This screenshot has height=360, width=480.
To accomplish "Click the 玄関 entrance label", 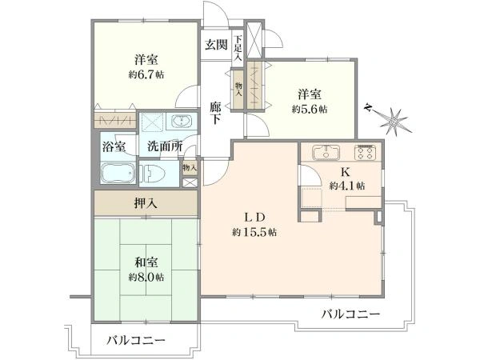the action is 216,45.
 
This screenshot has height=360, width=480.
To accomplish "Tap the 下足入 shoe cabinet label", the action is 238,48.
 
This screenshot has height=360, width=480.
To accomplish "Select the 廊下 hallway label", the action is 215,113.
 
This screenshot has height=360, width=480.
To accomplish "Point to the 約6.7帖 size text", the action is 146,74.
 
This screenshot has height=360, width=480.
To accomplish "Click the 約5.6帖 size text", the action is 310,109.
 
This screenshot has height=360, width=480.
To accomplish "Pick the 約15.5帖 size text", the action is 254,232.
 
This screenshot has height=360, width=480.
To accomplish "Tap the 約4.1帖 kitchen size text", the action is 347,186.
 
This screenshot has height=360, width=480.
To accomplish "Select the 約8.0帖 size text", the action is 146,278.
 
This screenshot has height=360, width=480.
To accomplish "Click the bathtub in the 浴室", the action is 118,173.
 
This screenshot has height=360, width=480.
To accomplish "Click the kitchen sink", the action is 326,152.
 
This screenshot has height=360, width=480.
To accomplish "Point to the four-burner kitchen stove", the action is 366,152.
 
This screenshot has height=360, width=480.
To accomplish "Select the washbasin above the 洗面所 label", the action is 182,122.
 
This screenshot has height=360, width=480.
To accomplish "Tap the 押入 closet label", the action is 146,203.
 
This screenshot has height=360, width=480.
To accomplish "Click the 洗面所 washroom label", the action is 165,146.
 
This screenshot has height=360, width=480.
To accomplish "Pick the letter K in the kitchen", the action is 346,172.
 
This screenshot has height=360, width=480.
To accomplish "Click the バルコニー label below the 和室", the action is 136,341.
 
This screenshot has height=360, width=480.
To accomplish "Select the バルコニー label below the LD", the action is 351,314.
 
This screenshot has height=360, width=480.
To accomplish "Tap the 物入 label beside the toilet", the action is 190,167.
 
